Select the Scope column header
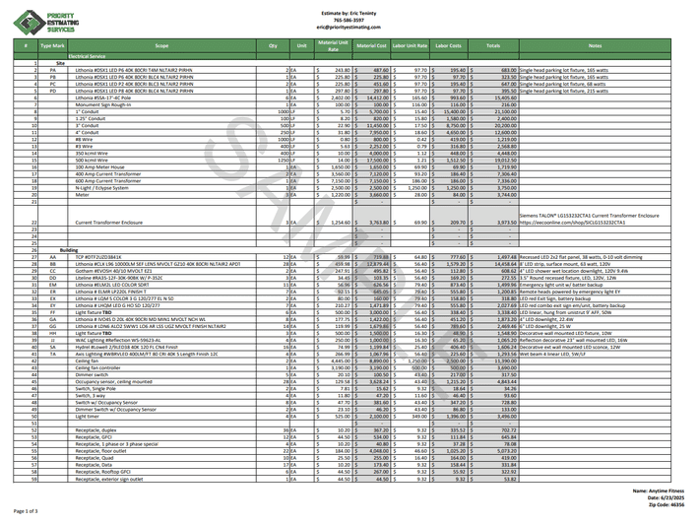161,45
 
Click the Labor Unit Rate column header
411,45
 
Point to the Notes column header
595,45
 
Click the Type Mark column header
52,45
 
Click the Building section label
69,250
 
